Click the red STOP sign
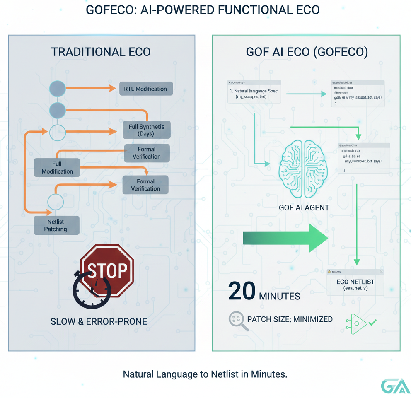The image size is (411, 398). pyautogui.click(x=107, y=270)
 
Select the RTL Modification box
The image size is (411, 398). pyautogui.click(x=145, y=89)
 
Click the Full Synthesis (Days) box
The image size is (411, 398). pyautogui.click(x=147, y=130)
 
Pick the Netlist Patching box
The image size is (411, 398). pyautogui.click(x=56, y=225)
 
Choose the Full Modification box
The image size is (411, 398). pyautogui.click(x=57, y=168)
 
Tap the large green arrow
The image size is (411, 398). pyautogui.click(x=285, y=238)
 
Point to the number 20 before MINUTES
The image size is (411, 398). pyautogui.click(x=242, y=292)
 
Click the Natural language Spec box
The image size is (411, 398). pyautogui.click(x=254, y=92)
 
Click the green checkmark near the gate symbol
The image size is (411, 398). pyautogui.click(x=372, y=321)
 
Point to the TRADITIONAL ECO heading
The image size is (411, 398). pyautogui.click(x=101, y=52)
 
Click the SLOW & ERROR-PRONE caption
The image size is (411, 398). pyautogui.click(x=99, y=321)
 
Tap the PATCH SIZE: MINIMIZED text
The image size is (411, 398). pyautogui.click(x=290, y=319)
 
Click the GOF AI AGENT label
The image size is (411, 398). pyautogui.click(x=304, y=207)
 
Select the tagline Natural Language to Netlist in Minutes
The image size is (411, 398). pyautogui.click(x=205, y=374)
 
